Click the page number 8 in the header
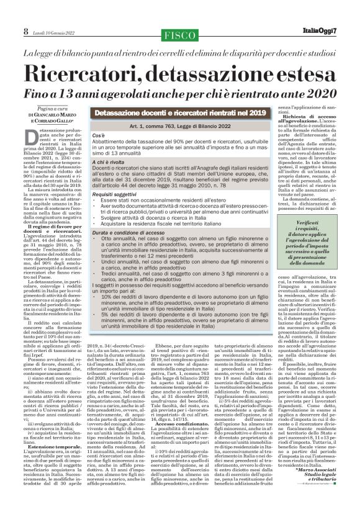(x=8, y=30)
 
